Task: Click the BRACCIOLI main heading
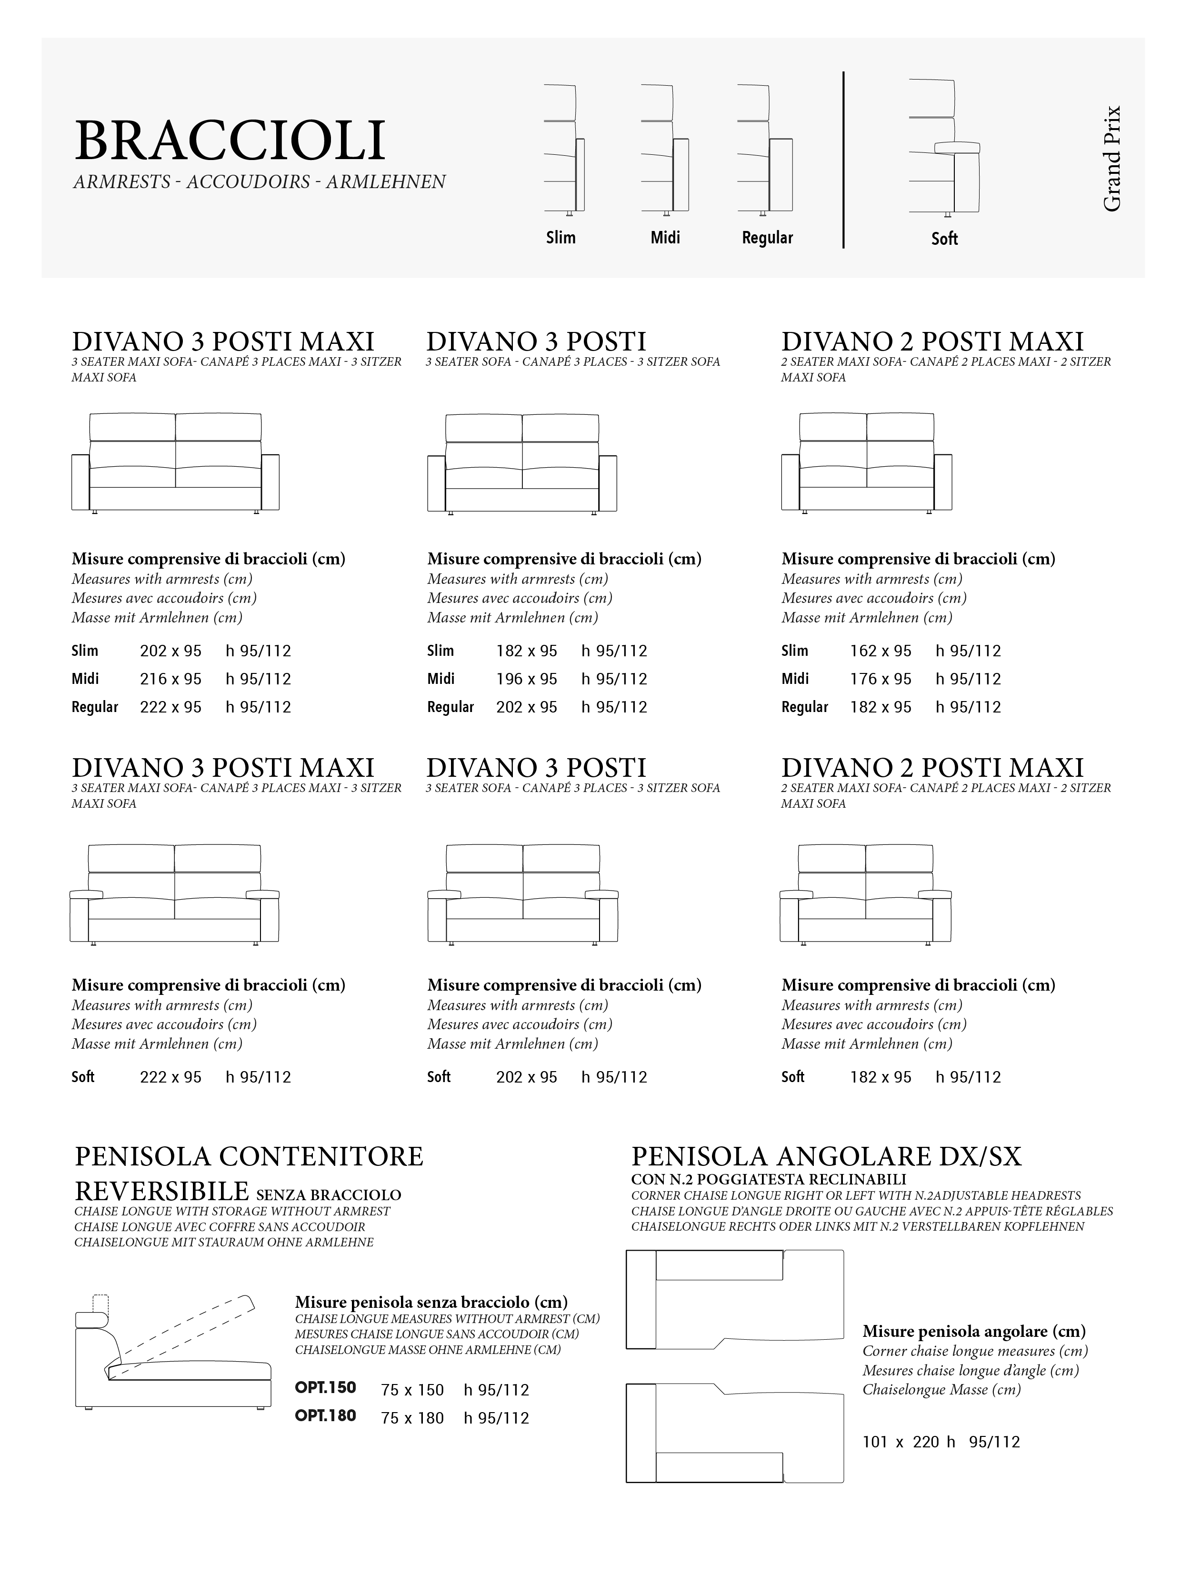pos(229,141)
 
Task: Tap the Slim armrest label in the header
pos(560,238)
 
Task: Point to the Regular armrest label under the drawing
pos(767,238)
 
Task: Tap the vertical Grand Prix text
pos(1111,159)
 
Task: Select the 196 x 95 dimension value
pos(526,679)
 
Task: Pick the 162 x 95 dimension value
pos(880,651)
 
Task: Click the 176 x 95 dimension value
pos(880,679)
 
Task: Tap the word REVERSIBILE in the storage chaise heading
pos(161,1191)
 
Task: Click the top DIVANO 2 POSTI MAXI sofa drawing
pos(866,463)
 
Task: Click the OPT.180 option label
pos(325,1415)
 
